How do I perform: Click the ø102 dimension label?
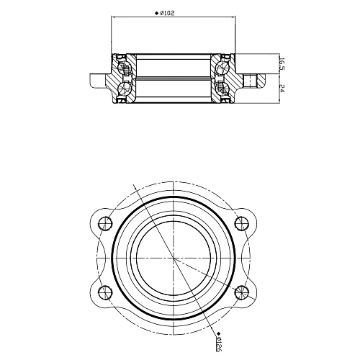pyautogui.click(x=167, y=13)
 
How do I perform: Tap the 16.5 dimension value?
pyautogui.click(x=282, y=64)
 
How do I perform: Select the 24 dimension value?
pyautogui.click(x=282, y=89)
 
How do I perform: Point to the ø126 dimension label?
pyautogui.click(x=218, y=344)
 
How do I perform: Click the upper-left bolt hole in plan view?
pyautogui.click(x=105, y=223)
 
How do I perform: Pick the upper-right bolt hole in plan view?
pyautogui.click(x=242, y=223)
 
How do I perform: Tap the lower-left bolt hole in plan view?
pyautogui.click(x=105, y=292)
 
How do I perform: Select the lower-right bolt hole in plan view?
pyautogui.click(x=242, y=292)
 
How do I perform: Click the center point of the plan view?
pyautogui.click(x=174, y=258)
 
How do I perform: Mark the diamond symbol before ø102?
pyautogui.click(x=156, y=13)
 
